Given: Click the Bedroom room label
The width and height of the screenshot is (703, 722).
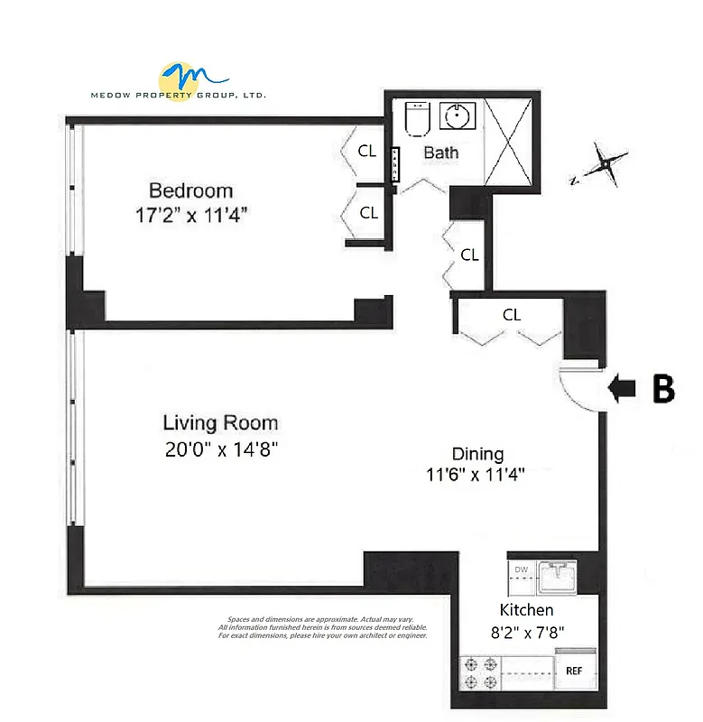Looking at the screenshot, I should click(x=190, y=190).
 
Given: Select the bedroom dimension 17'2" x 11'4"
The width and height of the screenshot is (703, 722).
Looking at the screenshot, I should click(x=190, y=215).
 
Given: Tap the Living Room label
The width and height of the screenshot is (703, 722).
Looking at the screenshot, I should click(x=220, y=422).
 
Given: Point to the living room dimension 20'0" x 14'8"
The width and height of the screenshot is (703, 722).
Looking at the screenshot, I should click(x=220, y=449).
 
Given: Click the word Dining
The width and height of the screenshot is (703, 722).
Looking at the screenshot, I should click(x=477, y=454).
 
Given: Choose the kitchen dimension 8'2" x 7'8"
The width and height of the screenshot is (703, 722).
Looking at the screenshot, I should click(x=526, y=632).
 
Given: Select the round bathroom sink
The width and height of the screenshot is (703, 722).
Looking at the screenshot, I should click(x=458, y=116).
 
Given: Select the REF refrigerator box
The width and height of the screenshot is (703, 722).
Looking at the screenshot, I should click(x=574, y=671).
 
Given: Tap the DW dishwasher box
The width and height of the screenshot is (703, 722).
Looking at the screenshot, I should click(x=522, y=569).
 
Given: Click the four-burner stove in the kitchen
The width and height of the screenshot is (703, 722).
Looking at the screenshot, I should click(x=479, y=672).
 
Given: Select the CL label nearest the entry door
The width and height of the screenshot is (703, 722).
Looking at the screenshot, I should click(x=512, y=315).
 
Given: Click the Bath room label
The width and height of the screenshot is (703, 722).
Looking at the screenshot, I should click(x=440, y=153).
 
